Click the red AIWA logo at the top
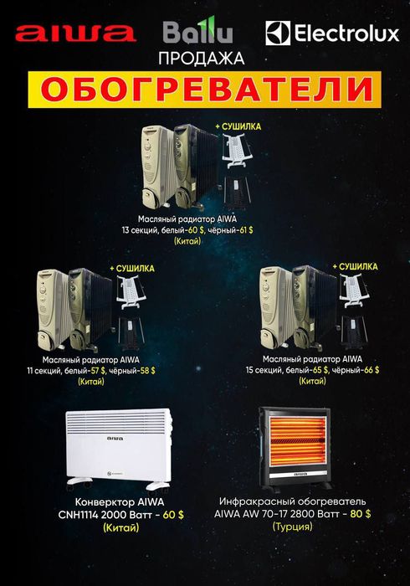75,33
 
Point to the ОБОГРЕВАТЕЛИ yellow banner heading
206,88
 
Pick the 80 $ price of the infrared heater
360,513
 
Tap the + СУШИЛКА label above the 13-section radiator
238,126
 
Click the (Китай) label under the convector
121,527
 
